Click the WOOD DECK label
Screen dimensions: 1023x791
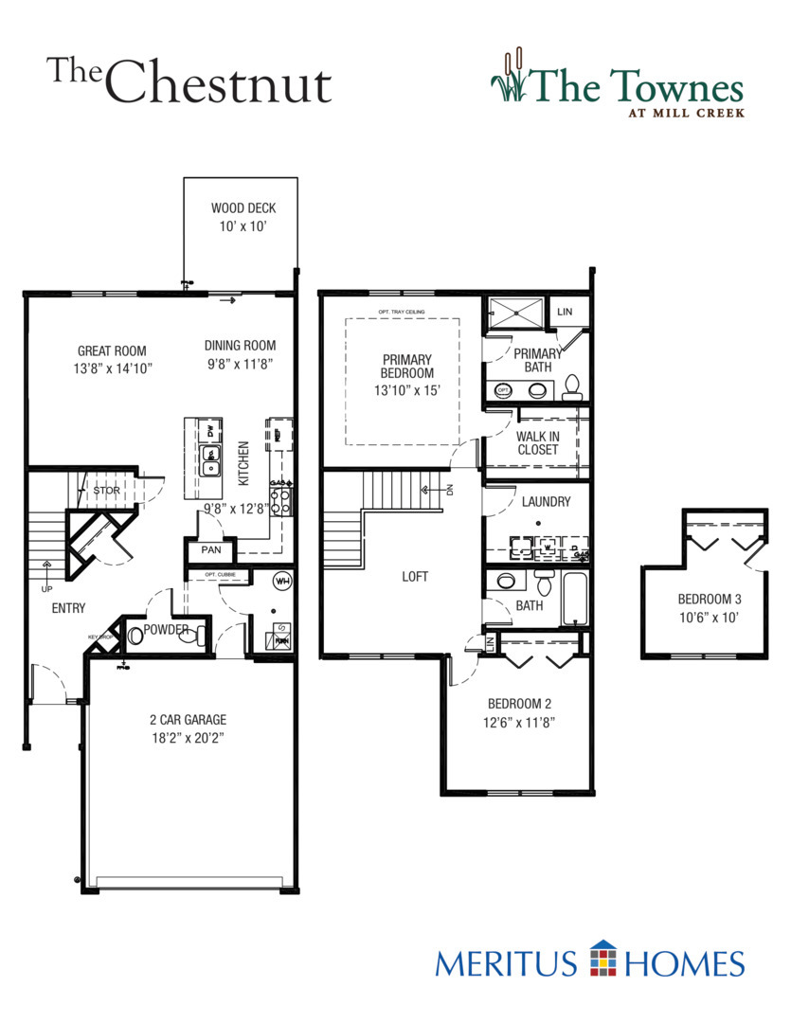point(243,208)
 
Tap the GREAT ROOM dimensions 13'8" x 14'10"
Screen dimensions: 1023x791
point(112,368)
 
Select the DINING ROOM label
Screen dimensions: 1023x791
point(240,346)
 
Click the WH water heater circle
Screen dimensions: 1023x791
point(281,581)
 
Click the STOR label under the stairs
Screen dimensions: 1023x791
point(106,491)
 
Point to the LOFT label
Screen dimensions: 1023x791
point(416,575)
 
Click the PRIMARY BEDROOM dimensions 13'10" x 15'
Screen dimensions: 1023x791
point(407,390)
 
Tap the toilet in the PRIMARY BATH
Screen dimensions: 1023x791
point(571,386)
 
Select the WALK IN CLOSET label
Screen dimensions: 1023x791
point(537,442)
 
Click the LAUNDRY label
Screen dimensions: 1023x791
point(546,501)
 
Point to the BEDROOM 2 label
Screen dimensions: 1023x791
point(519,704)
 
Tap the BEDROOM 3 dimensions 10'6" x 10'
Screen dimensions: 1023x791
point(707,617)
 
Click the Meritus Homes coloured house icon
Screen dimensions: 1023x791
point(602,959)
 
